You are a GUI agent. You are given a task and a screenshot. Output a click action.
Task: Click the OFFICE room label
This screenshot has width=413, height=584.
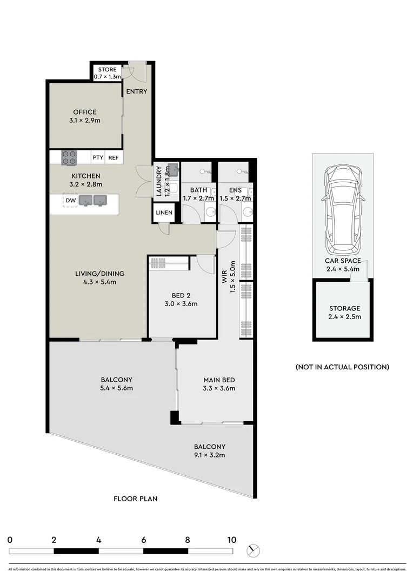tap(85, 112)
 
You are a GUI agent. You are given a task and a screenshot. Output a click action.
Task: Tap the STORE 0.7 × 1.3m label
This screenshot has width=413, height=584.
tap(106, 73)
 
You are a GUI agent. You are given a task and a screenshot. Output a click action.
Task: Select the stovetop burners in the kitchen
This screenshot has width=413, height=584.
tap(69, 157)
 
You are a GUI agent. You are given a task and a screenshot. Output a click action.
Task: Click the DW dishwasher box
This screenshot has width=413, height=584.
tap(70, 201)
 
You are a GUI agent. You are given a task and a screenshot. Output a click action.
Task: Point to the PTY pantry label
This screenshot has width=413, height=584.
tap(98, 158)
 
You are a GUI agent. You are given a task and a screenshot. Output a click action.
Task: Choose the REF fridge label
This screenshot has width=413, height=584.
tap(114, 158)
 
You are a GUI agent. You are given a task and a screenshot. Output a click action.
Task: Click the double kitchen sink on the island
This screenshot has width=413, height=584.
tap(92, 201)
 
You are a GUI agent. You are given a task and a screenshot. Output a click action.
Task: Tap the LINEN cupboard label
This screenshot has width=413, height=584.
tap(164, 213)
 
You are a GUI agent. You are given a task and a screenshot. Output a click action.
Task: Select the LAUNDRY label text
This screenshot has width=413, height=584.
tap(159, 181)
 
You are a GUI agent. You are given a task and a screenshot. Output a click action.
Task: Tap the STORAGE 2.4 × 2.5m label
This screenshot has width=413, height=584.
tap(343, 313)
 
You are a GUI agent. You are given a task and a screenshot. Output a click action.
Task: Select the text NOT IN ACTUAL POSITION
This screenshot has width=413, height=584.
tap(342, 367)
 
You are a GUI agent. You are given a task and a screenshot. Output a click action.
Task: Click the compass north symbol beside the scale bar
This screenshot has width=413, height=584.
tap(252, 550)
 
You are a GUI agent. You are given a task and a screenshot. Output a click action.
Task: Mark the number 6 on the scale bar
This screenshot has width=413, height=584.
tap(143, 540)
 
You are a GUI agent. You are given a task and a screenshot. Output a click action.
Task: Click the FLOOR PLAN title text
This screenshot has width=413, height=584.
tap(135, 499)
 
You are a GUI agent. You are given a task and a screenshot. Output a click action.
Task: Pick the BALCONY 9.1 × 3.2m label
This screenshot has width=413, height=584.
tap(210, 450)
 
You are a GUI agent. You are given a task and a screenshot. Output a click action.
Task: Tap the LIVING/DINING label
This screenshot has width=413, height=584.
tap(99, 277)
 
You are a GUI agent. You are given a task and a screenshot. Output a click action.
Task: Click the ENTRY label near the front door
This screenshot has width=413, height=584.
tap(136, 91)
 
